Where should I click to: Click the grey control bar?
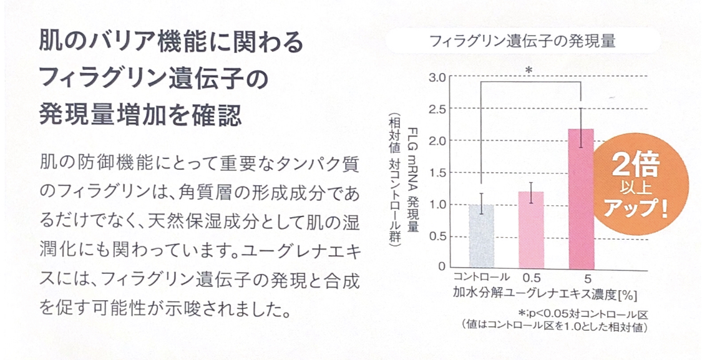click(x=481, y=235)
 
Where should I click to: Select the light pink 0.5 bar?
click(x=531, y=229)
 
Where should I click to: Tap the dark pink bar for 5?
click(x=580, y=198)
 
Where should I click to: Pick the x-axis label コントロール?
click(x=482, y=276)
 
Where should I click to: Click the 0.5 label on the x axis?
click(x=531, y=276)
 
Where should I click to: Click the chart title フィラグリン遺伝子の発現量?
click(x=523, y=42)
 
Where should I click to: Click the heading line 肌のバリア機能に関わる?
click(x=170, y=43)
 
